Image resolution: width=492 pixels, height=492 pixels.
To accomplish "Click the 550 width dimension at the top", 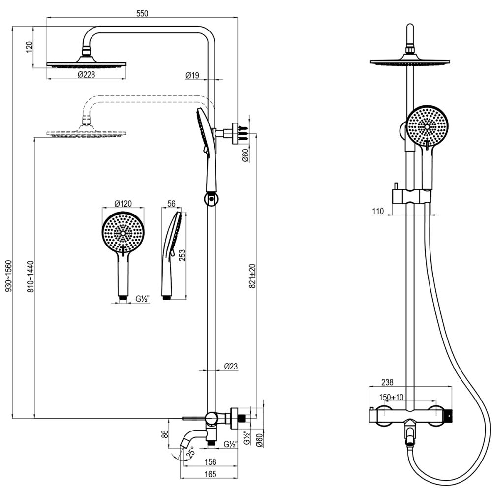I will pyautogui.click(x=142, y=13).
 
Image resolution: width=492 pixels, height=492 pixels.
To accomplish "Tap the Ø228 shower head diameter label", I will pyautogui.click(x=87, y=75).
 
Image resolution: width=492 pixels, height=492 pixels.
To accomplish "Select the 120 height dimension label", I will pyautogui.click(x=29, y=47).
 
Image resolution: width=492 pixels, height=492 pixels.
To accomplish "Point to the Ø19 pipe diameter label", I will pyautogui.click(x=192, y=75).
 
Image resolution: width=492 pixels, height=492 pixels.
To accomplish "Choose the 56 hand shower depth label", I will pyautogui.click(x=172, y=203).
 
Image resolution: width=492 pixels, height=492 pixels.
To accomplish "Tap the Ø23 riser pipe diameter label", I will pyautogui.click(x=231, y=366).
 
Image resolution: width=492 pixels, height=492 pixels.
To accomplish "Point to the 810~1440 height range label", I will pyautogui.click(x=30, y=277).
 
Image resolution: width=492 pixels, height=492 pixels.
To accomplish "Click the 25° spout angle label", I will pyautogui.click(x=190, y=451).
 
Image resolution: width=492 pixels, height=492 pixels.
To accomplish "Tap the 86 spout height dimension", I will pyautogui.click(x=165, y=434).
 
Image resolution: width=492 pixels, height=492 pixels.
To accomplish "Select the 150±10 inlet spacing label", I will pyautogui.click(x=391, y=397).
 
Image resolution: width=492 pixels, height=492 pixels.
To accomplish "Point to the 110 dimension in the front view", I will pyautogui.click(x=378, y=211).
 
